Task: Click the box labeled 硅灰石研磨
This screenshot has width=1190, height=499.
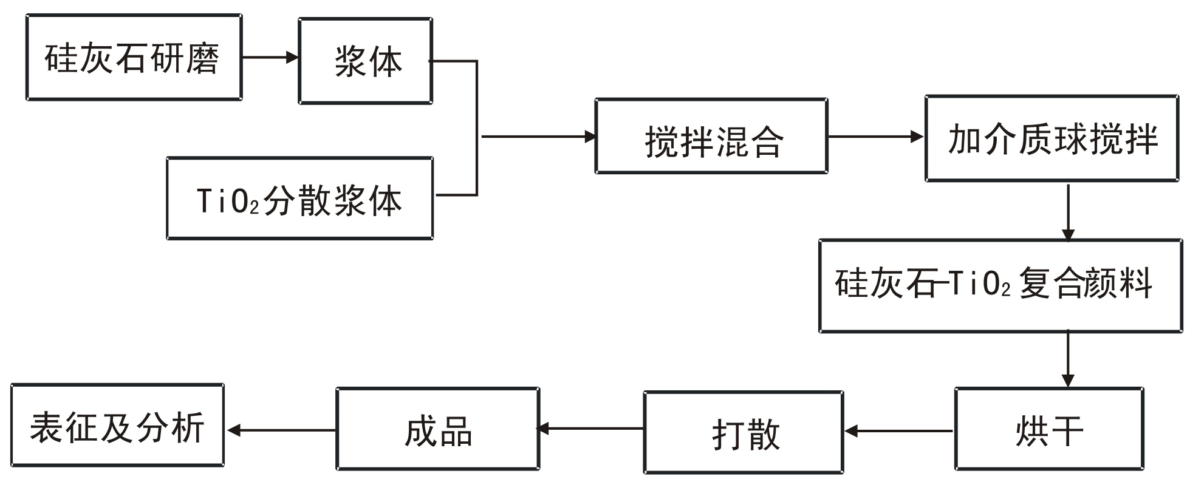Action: click(134, 58)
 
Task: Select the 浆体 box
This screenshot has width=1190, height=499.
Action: click(365, 61)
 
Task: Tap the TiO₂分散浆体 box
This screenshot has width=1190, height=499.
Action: click(299, 199)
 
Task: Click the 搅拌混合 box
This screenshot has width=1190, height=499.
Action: click(711, 137)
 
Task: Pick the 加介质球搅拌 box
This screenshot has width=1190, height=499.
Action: click(1052, 138)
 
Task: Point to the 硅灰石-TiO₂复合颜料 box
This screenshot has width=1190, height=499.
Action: click(1000, 286)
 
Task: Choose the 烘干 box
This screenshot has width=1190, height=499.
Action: click(1049, 429)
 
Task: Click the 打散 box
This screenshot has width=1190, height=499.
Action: click(744, 432)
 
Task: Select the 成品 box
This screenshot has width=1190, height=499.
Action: click(437, 429)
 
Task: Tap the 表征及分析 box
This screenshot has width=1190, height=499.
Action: click(117, 426)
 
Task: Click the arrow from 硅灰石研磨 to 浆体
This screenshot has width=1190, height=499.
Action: click(270, 58)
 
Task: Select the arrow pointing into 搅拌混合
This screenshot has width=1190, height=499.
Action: click(538, 137)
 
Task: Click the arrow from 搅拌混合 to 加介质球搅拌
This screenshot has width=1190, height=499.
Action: click(875, 137)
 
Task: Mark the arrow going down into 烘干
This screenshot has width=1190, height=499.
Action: click(1068, 359)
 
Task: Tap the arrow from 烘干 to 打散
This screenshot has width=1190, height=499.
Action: click(899, 432)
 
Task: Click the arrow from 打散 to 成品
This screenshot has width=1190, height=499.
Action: click(591, 429)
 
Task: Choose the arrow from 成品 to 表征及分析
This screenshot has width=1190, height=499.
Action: click(281, 430)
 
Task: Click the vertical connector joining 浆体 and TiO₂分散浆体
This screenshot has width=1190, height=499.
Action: click(477, 128)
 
